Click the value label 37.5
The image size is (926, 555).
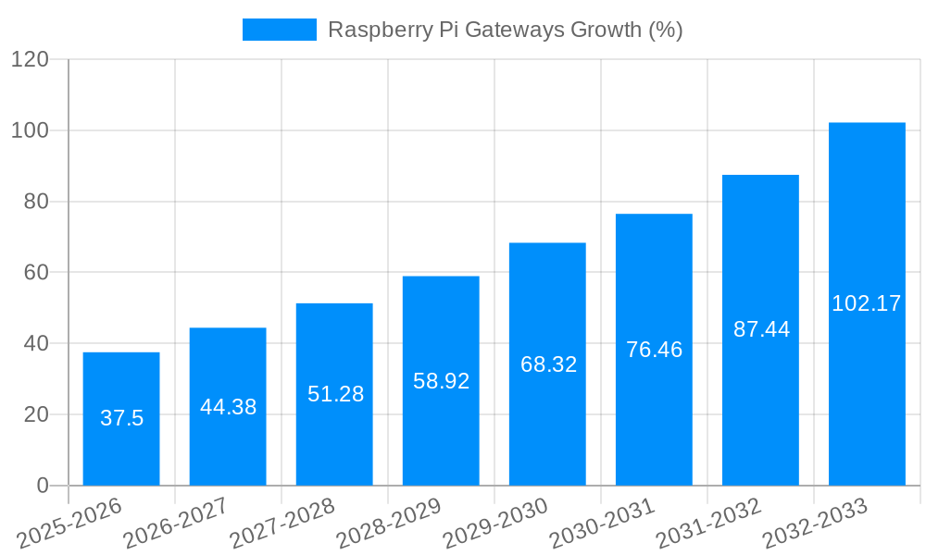pyautogui.click(x=121, y=418)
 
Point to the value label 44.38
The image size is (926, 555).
pyautogui.click(x=228, y=407)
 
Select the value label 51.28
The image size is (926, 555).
pyautogui.click(x=335, y=394)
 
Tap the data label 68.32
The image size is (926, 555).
pyautogui.click(x=548, y=364)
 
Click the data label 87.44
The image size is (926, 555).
pyautogui.click(x=761, y=329)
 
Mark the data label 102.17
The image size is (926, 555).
pyautogui.click(x=867, y=303)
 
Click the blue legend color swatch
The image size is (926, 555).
pyautogui.click(x=279, y=30)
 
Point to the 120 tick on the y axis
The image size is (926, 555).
pyautogui.click(x=30, y=59)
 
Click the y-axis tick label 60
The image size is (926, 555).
pyautogui.click(x=36, y=273)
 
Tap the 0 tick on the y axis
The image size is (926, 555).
pyautogui.click(x=43, y=486)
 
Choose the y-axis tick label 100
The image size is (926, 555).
pyautogui.click(x=30, y=130)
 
